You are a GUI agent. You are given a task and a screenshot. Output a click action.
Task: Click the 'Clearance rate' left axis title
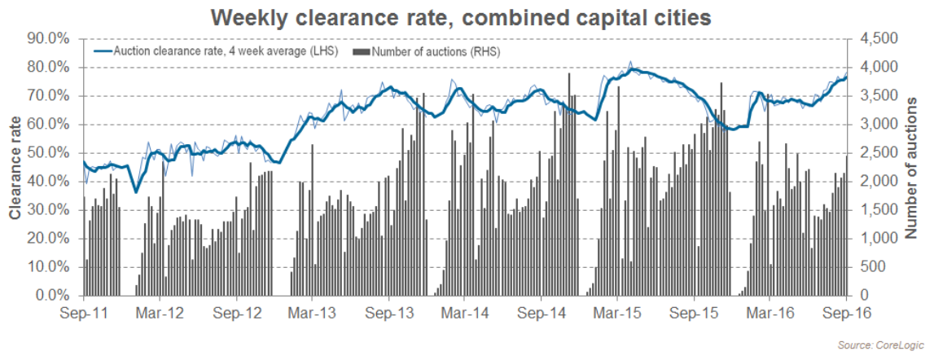point(16,166)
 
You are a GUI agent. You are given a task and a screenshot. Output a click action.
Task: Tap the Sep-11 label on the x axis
point(84,313)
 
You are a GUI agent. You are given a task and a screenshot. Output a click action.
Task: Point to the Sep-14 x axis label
point(542,313)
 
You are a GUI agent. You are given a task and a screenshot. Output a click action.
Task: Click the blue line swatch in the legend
point(102,51)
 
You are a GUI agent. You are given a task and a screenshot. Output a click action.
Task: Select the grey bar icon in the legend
point(362,51)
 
